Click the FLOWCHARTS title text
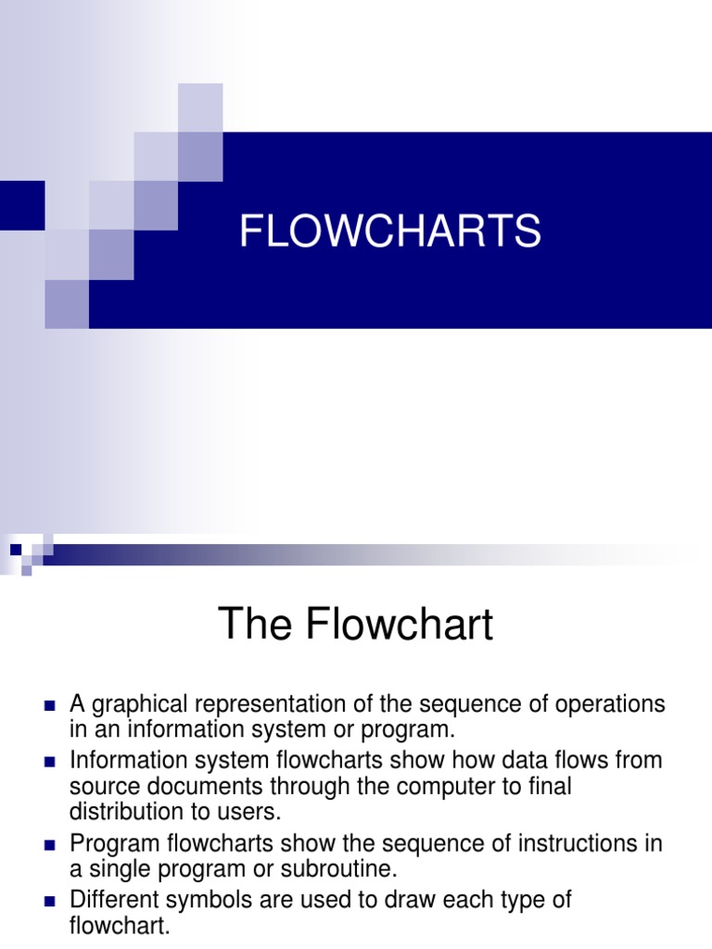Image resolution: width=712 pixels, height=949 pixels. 390,231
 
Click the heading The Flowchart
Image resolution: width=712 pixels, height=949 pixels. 356,625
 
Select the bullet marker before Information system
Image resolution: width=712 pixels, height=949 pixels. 50,762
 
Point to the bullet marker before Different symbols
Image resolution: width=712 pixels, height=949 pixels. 50,900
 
